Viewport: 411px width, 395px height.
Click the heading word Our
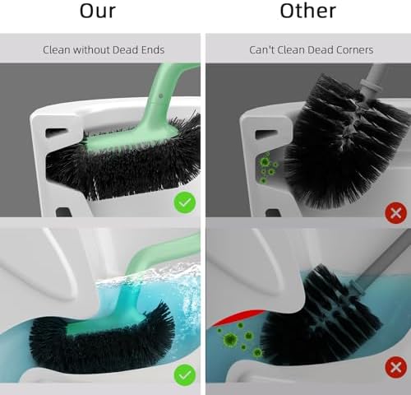tap(98, 11)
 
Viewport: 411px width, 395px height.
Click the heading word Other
tap(308, 11)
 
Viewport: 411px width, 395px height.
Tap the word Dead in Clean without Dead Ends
tap(126, 50)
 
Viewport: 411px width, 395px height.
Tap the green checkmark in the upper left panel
tap(185, 202)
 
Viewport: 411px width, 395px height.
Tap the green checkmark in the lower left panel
tap(185, 374)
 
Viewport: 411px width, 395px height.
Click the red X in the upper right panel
tap(396, 213)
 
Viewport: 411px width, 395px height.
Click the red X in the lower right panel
tap(396, 368)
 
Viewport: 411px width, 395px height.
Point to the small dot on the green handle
tap(161, 95)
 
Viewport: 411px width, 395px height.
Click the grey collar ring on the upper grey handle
tap(370, 87)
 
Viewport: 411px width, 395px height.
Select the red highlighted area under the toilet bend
tap(238, 317)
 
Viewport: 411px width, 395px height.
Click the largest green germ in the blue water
tap(230, 340)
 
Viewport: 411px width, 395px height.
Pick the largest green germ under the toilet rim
tap(265, 162)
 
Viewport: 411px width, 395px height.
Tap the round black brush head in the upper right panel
tap(346, 142)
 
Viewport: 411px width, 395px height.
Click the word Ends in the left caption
tap(153, 50)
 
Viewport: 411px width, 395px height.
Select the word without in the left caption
tap(91, 50)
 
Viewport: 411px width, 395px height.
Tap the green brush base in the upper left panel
tap(132, 137)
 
